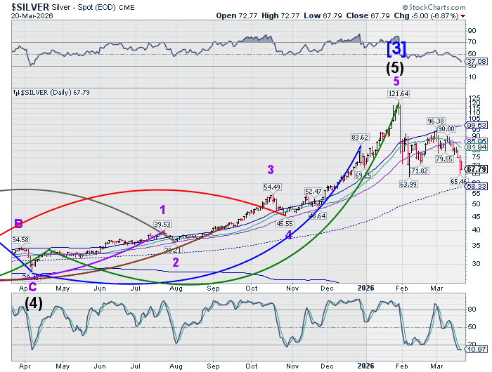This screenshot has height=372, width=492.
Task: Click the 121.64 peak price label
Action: (398, 93)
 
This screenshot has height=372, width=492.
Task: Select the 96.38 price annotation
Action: (436, 121)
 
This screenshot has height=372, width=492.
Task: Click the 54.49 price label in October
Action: (272, 187)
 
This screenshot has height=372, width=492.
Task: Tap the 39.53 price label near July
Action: (162, 224)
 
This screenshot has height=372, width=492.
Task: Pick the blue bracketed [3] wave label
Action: (396, 48)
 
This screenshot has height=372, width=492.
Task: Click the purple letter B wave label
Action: (18, 225)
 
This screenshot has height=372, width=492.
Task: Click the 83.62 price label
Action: (360, 137)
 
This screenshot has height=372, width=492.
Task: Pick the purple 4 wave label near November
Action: (288, 236)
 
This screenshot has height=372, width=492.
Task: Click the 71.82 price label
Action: (420, 171)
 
